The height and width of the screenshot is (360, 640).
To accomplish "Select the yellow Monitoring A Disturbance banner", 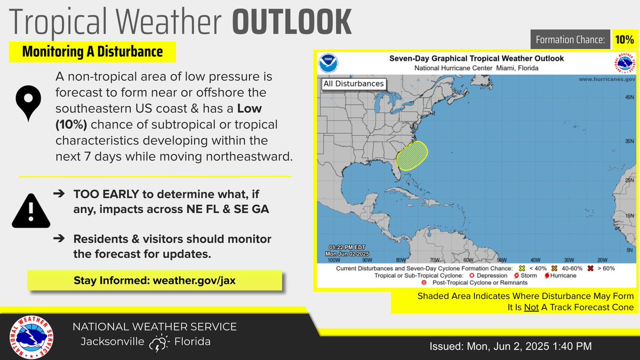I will pos(92,52).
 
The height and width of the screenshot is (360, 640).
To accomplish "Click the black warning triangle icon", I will pos(30,209).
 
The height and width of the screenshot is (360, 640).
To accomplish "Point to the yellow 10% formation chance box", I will pos(623,39).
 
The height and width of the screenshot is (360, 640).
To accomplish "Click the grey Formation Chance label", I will pos(569,39).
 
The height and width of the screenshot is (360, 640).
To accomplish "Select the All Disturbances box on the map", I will pos(353,84).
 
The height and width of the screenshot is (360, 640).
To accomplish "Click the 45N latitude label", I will pos(628,98).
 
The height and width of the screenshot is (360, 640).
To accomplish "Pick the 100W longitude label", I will pos(333,260).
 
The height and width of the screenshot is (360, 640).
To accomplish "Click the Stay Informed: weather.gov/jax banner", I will pos(155,280).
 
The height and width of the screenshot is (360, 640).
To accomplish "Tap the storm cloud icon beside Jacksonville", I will pos(159,343).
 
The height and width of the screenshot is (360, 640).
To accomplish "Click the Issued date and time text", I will pos(510,347).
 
